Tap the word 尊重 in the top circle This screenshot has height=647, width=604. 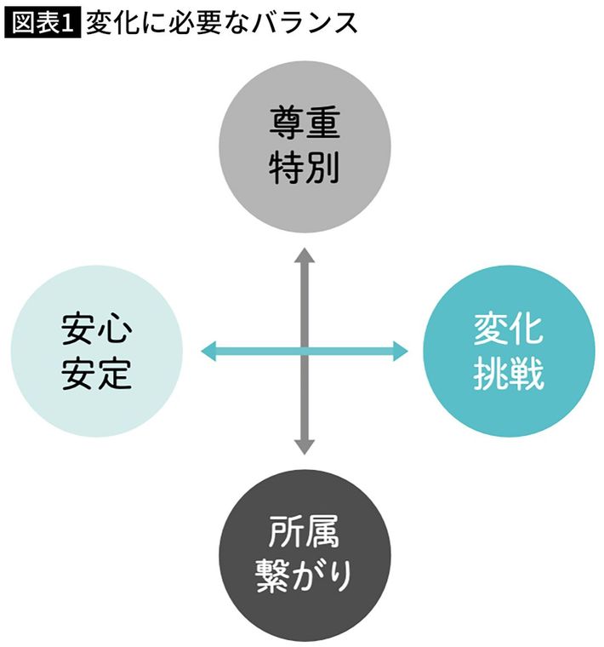[305, 126]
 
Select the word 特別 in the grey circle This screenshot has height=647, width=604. [305, 168]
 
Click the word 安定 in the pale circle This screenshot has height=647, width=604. [96, 374]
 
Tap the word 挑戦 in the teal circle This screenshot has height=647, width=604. [509, 374]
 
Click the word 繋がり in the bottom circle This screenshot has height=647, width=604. [305, 579]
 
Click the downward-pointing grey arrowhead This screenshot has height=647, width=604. [305, 445]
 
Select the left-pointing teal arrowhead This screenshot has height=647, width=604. [208, 350]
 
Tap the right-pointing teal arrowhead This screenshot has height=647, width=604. [401, 350]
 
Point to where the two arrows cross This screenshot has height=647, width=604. [305, 350]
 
